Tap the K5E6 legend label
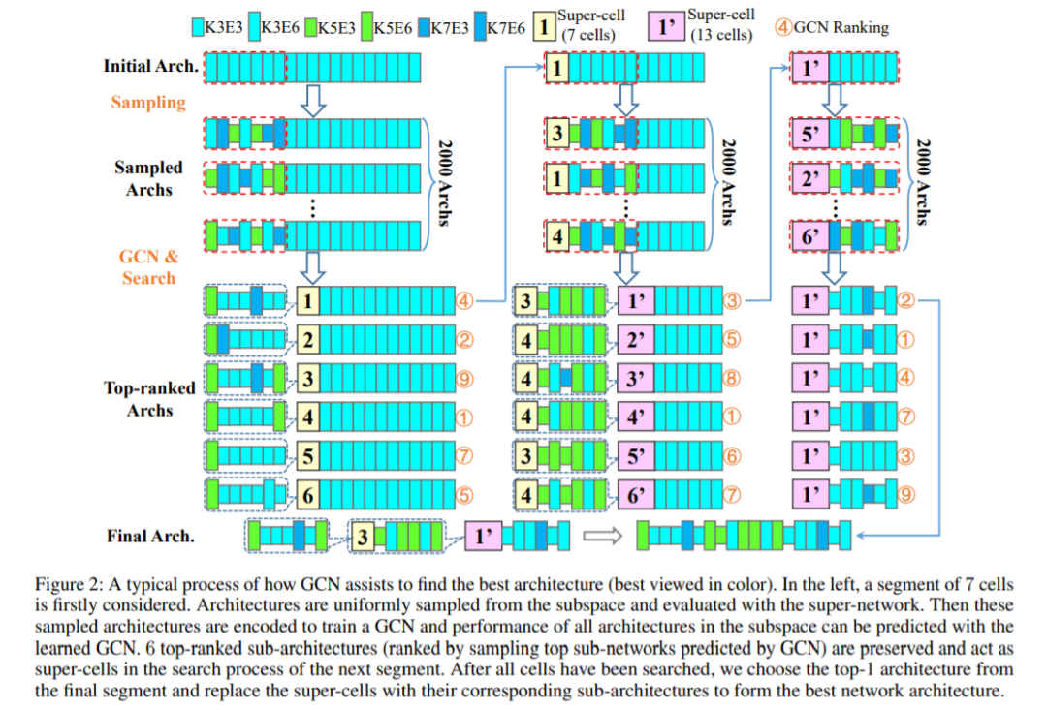coord(396,28)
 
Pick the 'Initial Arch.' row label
coord(151,67)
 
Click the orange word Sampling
coord(148,102)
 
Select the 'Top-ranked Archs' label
coord(149,399)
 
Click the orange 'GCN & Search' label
coord(148,267)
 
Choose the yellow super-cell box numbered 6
coord(308,494)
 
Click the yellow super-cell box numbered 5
coord(308,456)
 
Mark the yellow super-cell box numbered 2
coord(308,340)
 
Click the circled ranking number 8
coord(733,379)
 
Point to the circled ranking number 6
coord(733,456)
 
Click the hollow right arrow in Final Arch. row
coord(600,536)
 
